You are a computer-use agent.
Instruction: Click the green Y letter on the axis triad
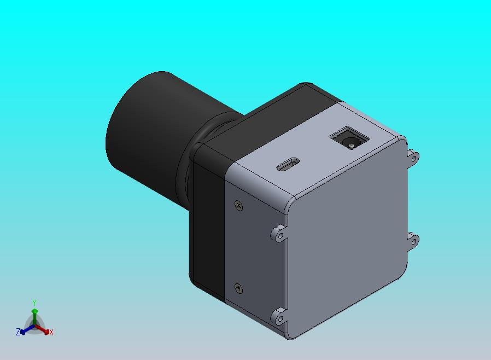pos(34,303)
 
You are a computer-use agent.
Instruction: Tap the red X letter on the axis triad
pos(51,332)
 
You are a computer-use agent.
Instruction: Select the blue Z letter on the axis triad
pos(18,332)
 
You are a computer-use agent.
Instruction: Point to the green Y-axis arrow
pos(35,317)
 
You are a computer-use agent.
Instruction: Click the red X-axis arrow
pos(42,329)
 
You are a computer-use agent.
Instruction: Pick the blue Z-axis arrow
pos(27,329)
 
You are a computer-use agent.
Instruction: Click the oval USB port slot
pos(288,164)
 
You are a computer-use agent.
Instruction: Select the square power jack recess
pos(349,138)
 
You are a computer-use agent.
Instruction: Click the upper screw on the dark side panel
pos(239,206)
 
